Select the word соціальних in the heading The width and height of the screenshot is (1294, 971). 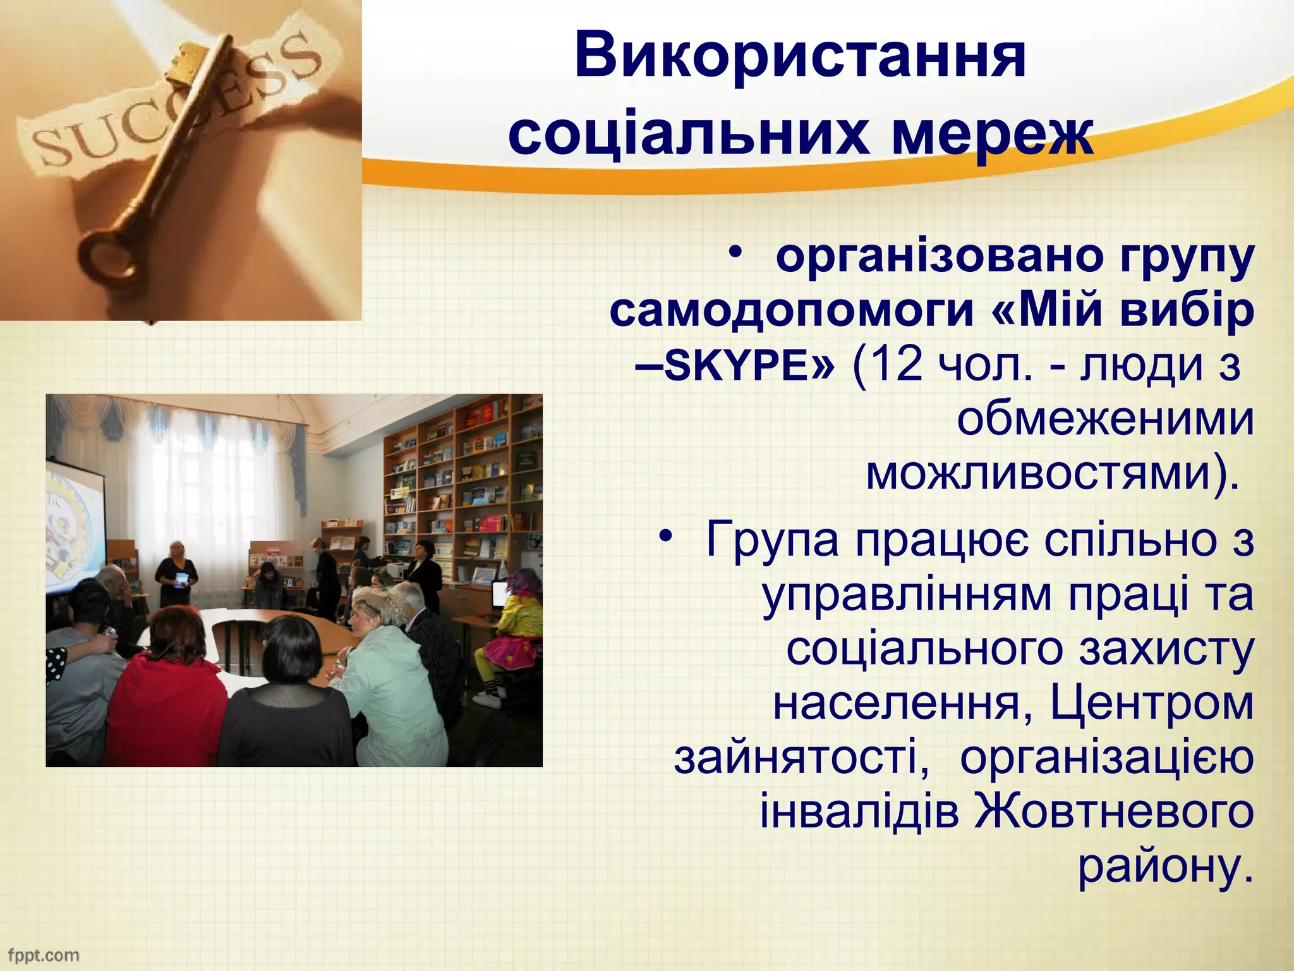(x=689, y=135)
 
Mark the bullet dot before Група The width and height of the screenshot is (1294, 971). (x=664, y=537)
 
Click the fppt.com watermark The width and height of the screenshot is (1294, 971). (x=43, y=955)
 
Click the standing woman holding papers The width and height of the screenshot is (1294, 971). (x=177, y=572)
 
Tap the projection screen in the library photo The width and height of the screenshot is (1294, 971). (x=75, y=525)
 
